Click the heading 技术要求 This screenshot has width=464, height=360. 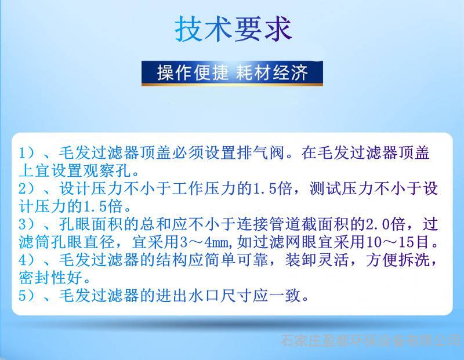(x=234, y=28)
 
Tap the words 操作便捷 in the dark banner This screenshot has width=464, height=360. (x=193, y=72)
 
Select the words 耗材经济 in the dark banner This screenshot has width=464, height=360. (x=271, y=72)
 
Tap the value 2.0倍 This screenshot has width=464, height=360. (x=386, y=224)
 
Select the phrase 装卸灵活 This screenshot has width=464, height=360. (x=317, y=260)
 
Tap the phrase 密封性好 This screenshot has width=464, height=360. (x=50, y=278)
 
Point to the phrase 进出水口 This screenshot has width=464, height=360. (x=188, y=296)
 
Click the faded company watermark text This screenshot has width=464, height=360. (x=371, y=340)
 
